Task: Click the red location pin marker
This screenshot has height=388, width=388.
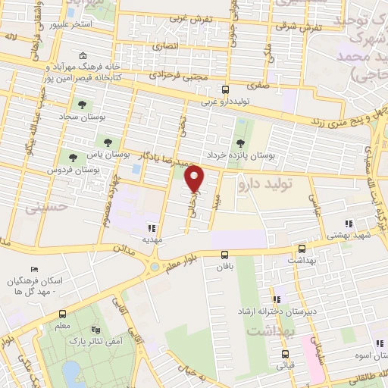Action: coord(196,179)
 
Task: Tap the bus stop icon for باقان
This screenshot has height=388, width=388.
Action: coord(224,255)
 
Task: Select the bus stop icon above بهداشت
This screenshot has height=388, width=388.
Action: coord(302,248)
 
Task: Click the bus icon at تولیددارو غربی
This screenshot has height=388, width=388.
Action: coord(225,90)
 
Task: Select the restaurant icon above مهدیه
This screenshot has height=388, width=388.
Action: coord(152,227)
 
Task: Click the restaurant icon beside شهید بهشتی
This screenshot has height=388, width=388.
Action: coord(349,224)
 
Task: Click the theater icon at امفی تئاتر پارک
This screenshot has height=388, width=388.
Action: coord(95,330)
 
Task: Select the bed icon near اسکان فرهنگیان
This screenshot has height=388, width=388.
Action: coord(33,270)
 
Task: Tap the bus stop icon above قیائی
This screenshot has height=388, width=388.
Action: coord(283,353)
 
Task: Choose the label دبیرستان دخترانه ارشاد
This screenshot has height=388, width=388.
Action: coord(300,311)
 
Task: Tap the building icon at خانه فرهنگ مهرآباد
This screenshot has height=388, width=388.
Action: coord(82,56)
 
